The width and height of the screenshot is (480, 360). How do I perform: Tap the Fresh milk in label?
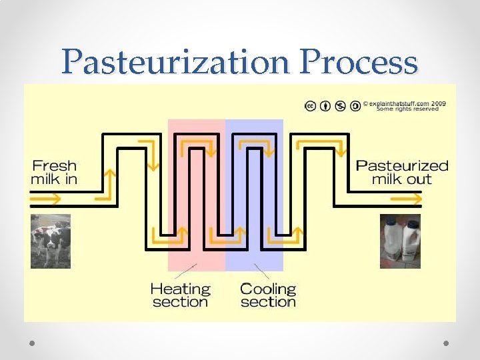point(54,172)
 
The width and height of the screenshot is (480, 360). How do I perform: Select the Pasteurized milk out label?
point(402,172)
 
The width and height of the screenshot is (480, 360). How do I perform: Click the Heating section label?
point(180,295)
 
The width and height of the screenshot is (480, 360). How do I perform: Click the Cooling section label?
point(267,295)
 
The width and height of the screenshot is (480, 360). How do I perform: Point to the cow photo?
point(50,241)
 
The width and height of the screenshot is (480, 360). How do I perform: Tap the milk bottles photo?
point(401,241)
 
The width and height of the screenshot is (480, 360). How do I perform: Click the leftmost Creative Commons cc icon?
point(311,106)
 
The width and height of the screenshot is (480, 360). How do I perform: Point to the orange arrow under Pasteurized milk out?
point(401,199)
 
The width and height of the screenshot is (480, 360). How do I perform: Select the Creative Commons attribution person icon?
point(325,106)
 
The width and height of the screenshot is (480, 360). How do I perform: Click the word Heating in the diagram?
point(180,289)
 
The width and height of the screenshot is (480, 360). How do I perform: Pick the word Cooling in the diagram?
point(267,289)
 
